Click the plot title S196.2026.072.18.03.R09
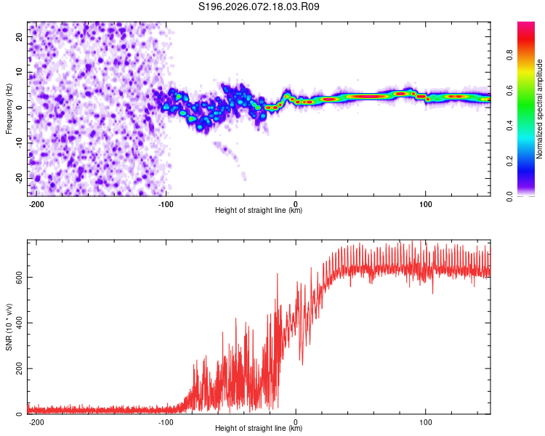[259, 7]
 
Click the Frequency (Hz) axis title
[9, 108]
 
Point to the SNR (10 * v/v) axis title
[9, 327]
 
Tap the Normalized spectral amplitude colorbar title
[540, 109]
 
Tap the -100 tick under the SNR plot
[166, 422]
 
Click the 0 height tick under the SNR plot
[296, 422]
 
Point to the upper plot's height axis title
[259, 211]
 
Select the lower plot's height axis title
[259, 429]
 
